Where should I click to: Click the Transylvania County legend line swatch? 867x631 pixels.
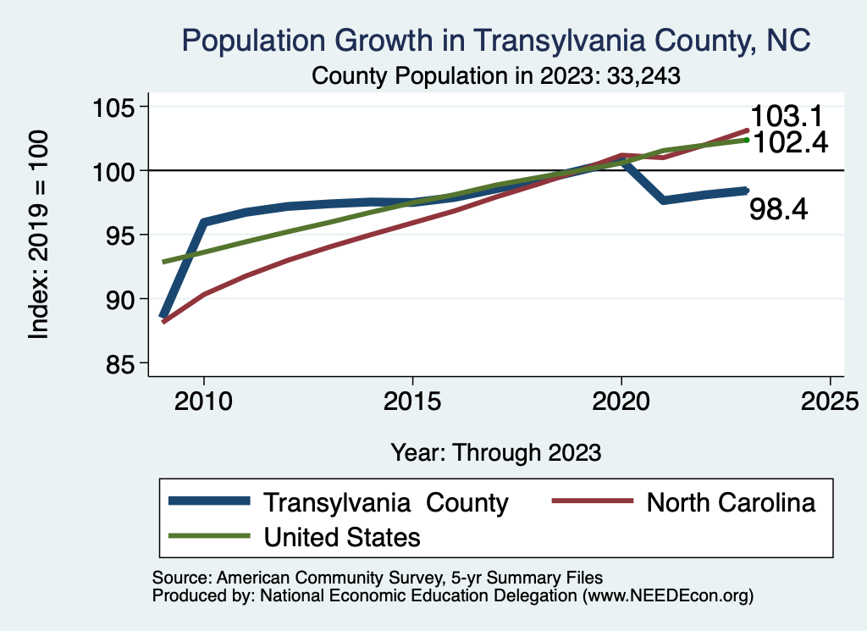coord(210,501)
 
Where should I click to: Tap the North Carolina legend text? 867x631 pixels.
coord(731,502)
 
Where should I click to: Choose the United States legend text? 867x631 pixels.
coord(342,536)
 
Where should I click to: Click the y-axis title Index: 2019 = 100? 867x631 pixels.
coord(38,235)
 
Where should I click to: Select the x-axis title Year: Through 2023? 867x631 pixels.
coord(496,452)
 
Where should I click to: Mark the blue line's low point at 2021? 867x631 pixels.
coord(663,200)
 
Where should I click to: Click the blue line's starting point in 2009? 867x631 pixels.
coord(163,316)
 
